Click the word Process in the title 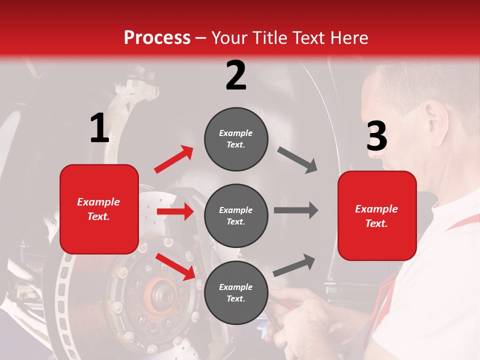(x=157, y=37)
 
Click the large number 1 (x=99, y=128)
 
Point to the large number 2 (x=236, y=75)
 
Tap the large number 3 (x=376, y=136)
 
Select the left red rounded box (x=99, y=209)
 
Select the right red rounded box (x=377, y=215)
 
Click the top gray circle (x=236, y=139)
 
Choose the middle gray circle (x=236, y=215)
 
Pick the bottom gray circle (x=236, y=292)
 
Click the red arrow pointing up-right (x=174, y=159)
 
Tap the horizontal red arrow (x=175, y=211)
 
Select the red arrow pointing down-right (x=175, y=266)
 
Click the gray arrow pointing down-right (x=297, y=160)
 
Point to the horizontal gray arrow (x=296, y=210)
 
